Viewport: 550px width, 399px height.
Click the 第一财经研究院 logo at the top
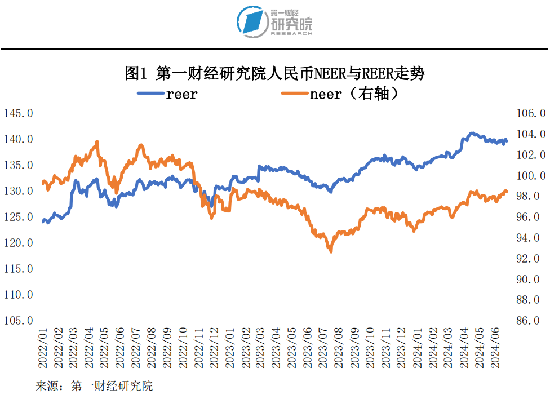pos(274,22)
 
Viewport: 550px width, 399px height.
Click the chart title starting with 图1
pos(274,73)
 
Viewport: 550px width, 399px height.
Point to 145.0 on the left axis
pos(18,113)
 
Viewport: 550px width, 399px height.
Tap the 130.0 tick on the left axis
pos(18,191)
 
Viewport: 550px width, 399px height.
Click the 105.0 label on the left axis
pos(18,320)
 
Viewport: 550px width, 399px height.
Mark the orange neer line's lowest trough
pos(330,251)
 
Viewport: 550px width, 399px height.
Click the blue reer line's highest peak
pos(472,134)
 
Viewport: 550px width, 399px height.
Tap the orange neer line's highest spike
pos(97,141)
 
